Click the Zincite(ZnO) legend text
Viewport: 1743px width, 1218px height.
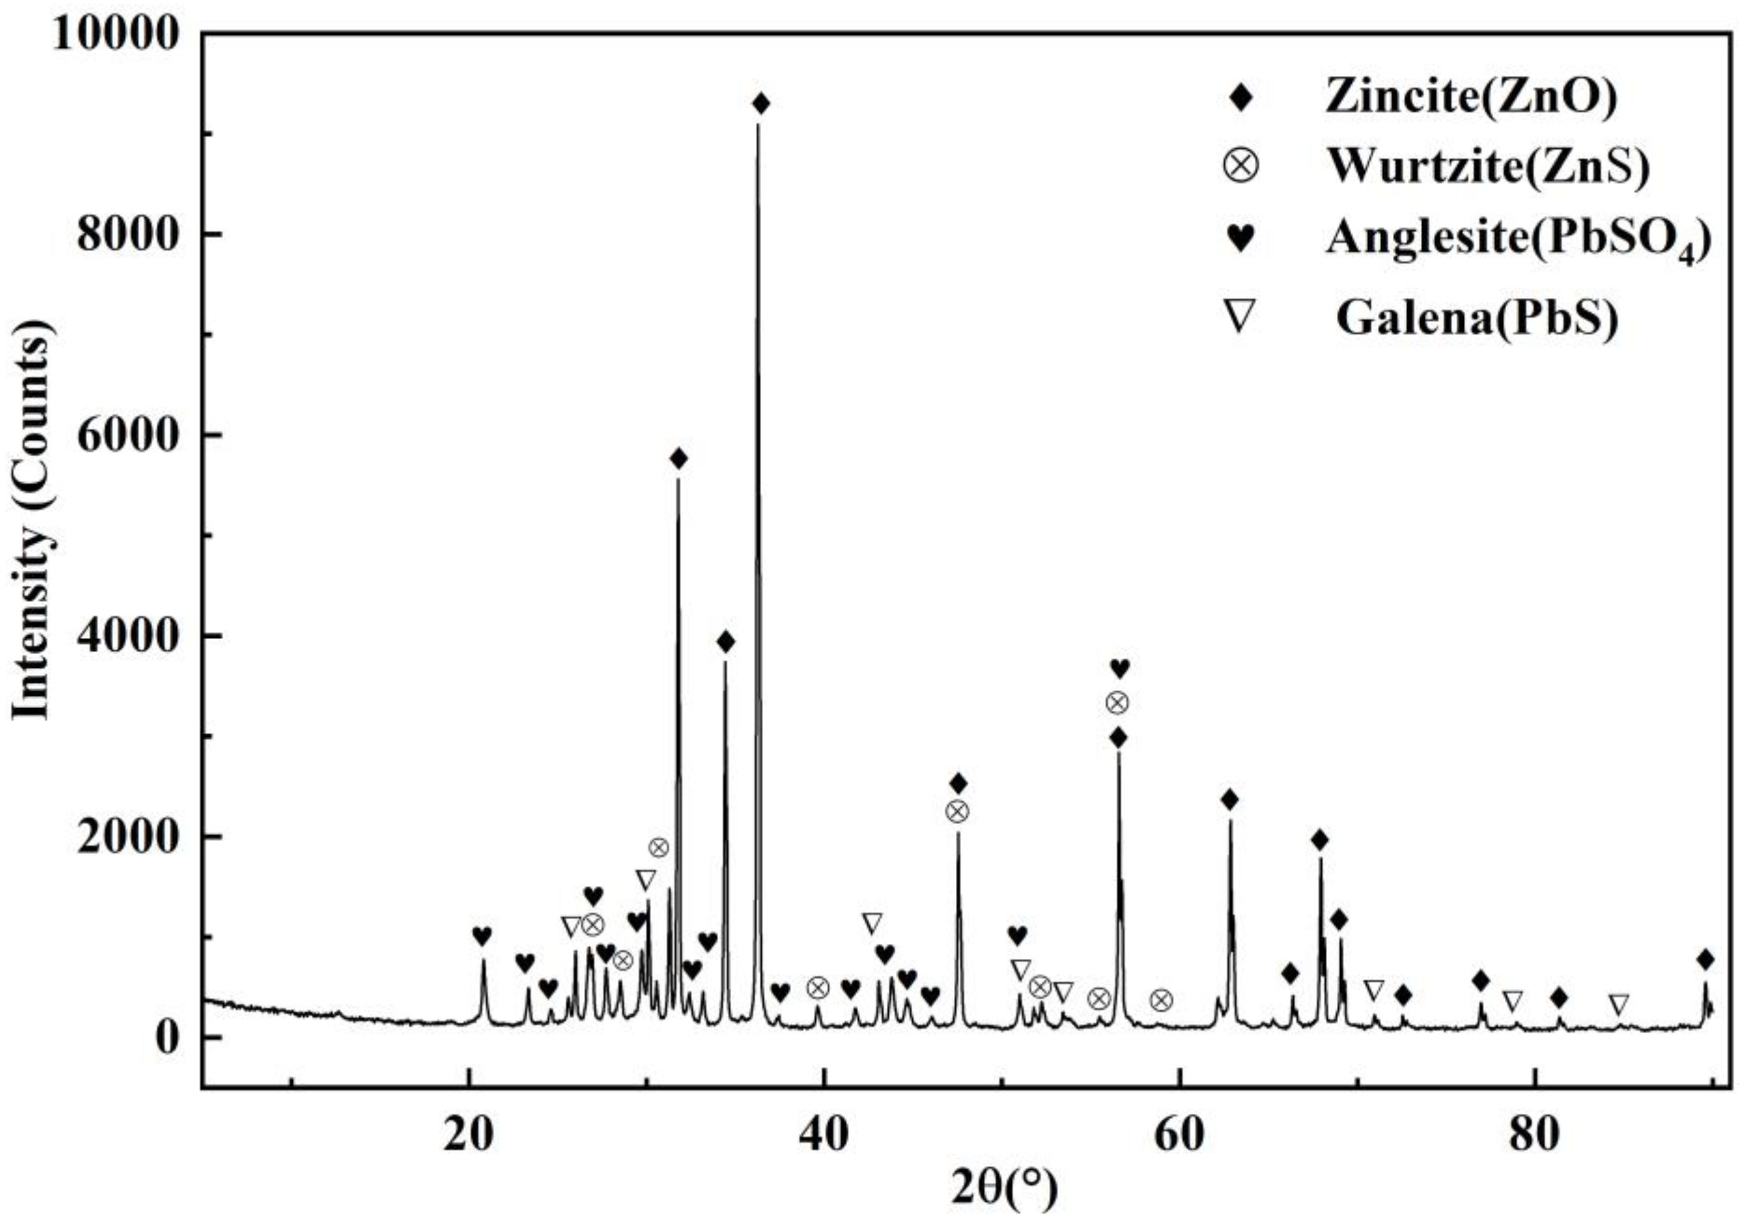coord(1471,98)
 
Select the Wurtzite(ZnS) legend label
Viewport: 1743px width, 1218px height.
coord(1487,167)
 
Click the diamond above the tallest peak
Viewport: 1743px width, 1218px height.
coord(761,104)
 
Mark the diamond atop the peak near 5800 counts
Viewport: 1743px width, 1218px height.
coord(678,458)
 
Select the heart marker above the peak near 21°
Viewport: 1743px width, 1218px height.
coord(482,936)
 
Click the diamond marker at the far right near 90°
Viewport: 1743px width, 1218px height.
coord(1706,959)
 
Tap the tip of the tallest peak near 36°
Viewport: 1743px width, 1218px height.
coord(757,125)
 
